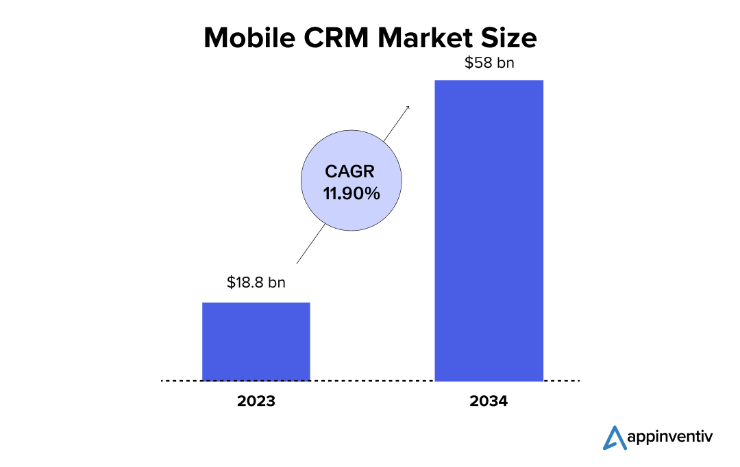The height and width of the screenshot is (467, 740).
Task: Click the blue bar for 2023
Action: (256, 341)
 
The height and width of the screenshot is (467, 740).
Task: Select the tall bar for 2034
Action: (489, 230)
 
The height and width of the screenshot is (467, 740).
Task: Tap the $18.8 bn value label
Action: (256, 282)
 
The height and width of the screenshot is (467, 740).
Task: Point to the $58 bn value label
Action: (489, 63)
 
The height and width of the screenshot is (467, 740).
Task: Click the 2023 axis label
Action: (256, 401)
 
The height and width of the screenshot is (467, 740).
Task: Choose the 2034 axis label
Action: (489, 401)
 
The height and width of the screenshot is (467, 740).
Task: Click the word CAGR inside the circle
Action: (350, 173)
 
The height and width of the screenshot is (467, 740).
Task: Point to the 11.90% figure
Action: (351, 194)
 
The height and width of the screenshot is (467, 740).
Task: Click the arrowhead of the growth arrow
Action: (408, 107)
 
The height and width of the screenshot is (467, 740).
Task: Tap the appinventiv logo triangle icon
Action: (615, 438)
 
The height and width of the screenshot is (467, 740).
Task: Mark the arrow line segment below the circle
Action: (311, 245)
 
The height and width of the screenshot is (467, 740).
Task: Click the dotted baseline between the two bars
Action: (372, 381)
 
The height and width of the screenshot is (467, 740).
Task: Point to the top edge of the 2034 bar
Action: (489, 81)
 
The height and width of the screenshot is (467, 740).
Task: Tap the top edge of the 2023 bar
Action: (256, 303)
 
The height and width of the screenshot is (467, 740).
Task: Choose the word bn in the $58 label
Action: (504, 63)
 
